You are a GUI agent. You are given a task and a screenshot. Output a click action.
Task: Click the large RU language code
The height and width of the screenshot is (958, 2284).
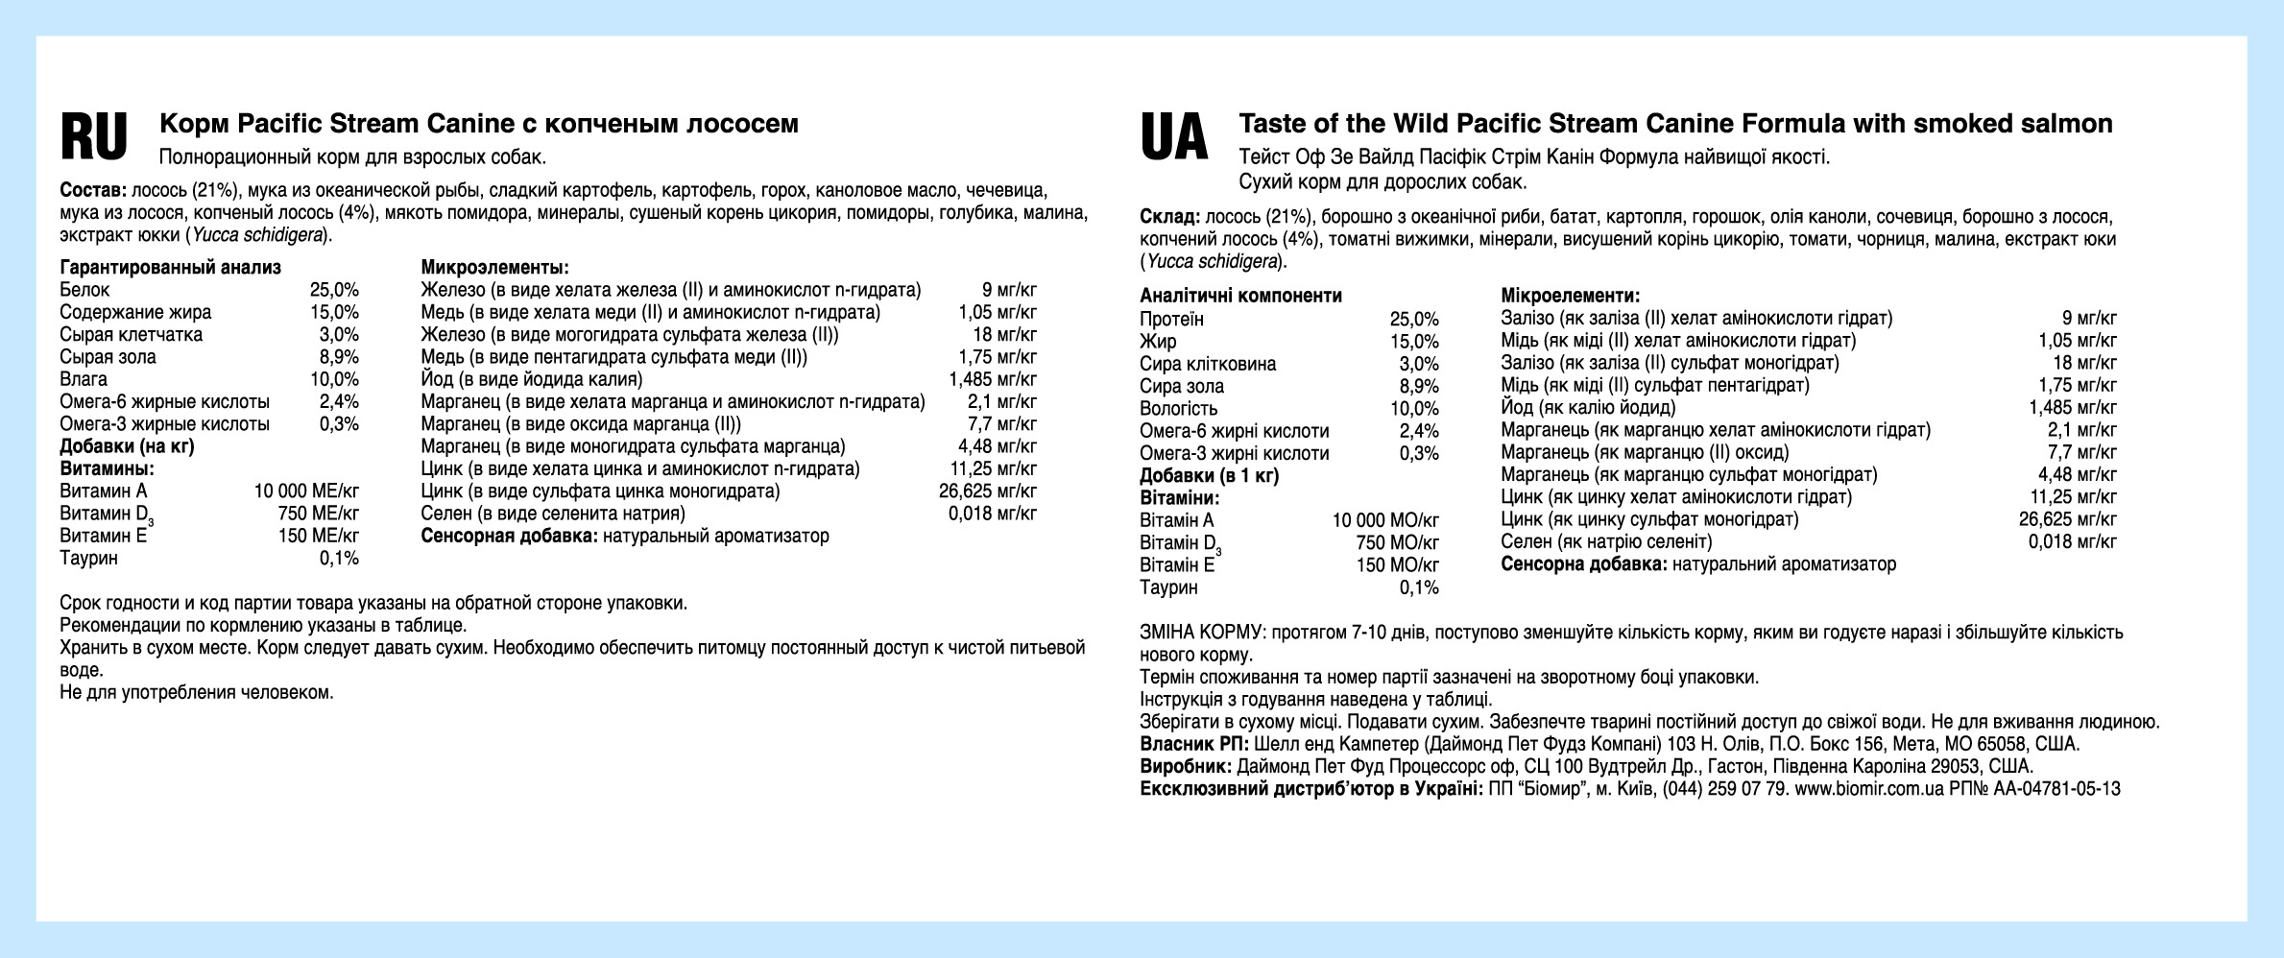tap(93, 137)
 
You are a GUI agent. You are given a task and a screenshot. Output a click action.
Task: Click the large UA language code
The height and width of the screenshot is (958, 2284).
tap(1173, 137)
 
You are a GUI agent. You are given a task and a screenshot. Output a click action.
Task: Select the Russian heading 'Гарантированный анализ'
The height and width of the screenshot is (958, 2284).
tap(170, 267)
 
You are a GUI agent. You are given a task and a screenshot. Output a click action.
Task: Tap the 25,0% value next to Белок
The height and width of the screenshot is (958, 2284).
tap(334, 290)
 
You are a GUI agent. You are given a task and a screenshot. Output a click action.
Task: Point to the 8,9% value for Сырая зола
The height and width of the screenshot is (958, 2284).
tap(339, 357)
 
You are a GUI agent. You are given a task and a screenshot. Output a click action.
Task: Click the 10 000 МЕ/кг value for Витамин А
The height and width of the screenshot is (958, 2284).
tap(306, 491)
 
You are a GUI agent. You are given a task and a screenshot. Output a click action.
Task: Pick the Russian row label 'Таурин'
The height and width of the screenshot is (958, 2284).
tap(88, 559)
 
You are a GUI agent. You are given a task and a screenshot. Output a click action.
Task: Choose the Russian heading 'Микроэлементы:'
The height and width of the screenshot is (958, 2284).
tap(495, 267)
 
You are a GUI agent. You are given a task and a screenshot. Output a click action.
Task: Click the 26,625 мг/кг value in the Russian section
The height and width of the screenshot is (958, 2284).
tap(988, 491)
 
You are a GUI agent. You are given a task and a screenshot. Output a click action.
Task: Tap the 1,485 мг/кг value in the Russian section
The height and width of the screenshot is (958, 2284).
tap(992, 379)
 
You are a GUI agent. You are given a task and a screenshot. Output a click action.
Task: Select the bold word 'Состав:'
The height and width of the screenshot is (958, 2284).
tap(93, 190)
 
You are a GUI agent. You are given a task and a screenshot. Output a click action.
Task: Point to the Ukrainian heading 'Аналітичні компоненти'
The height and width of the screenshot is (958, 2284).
tap(1240, 296)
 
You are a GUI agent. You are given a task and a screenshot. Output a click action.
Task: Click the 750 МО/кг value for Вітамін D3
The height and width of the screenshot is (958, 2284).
tap(1397, 542)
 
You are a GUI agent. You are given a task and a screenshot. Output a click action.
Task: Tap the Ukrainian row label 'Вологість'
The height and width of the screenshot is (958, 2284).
tap(1178, 409)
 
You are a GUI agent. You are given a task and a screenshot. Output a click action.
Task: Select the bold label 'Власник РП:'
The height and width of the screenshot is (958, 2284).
tap(1194, 745)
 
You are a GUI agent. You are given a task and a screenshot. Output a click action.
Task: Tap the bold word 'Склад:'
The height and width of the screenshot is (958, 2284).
tap(1169, 217)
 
